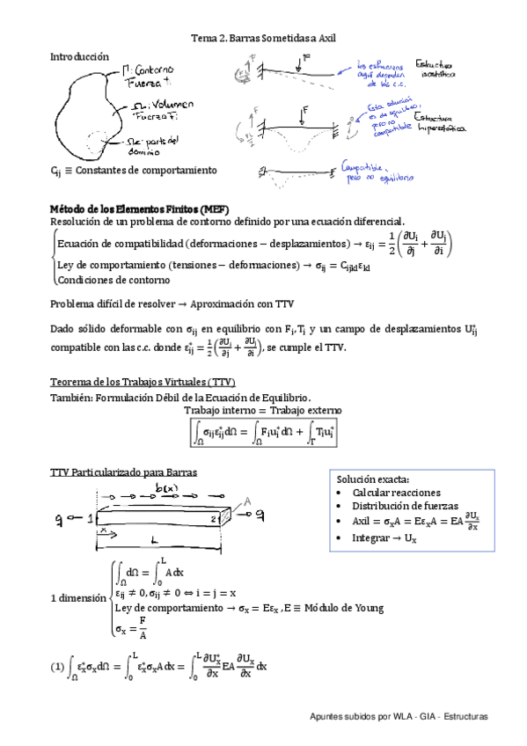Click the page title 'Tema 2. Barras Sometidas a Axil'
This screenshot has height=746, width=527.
pyautogui.click(x=264, y=39)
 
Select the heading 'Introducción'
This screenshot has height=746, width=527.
pyautogui.click(x=80, y=55)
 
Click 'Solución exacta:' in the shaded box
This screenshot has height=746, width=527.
pyautogui.click(x=373, y=479)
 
